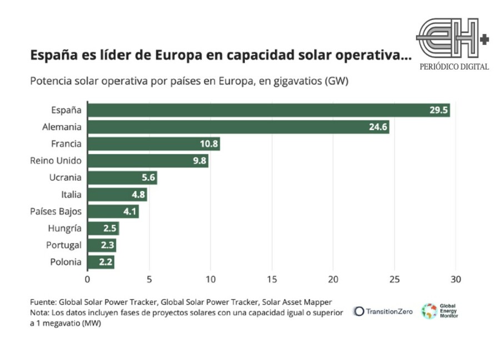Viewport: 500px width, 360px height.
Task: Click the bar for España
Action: (269, 111)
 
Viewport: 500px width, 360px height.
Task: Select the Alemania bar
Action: (238, 127)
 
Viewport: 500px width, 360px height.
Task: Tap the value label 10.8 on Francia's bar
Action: (209, 144)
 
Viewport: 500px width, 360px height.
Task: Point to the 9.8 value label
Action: (199, 161)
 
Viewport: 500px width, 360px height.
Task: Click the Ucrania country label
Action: (66, 177)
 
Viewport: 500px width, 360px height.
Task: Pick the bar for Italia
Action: (117, 194)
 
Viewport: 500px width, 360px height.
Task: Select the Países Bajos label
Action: (56, 212)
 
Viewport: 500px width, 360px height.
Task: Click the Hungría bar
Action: (103, 228)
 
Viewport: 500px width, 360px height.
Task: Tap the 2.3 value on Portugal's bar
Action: (107, 245)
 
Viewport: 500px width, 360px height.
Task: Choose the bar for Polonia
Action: (101, 262)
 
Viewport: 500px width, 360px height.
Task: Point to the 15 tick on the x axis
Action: (272, 279)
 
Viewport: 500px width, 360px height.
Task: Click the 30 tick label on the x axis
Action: (456, 279)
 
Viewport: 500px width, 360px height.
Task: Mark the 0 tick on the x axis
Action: (87, 279)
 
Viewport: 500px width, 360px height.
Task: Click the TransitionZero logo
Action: (383, 312)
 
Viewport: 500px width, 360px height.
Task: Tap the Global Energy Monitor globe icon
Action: (429, 311)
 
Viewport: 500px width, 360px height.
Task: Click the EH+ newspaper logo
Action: (452, 38)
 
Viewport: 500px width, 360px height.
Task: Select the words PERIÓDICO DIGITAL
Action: (454, 67)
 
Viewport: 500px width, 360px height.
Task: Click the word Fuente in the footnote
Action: (43, 302)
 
